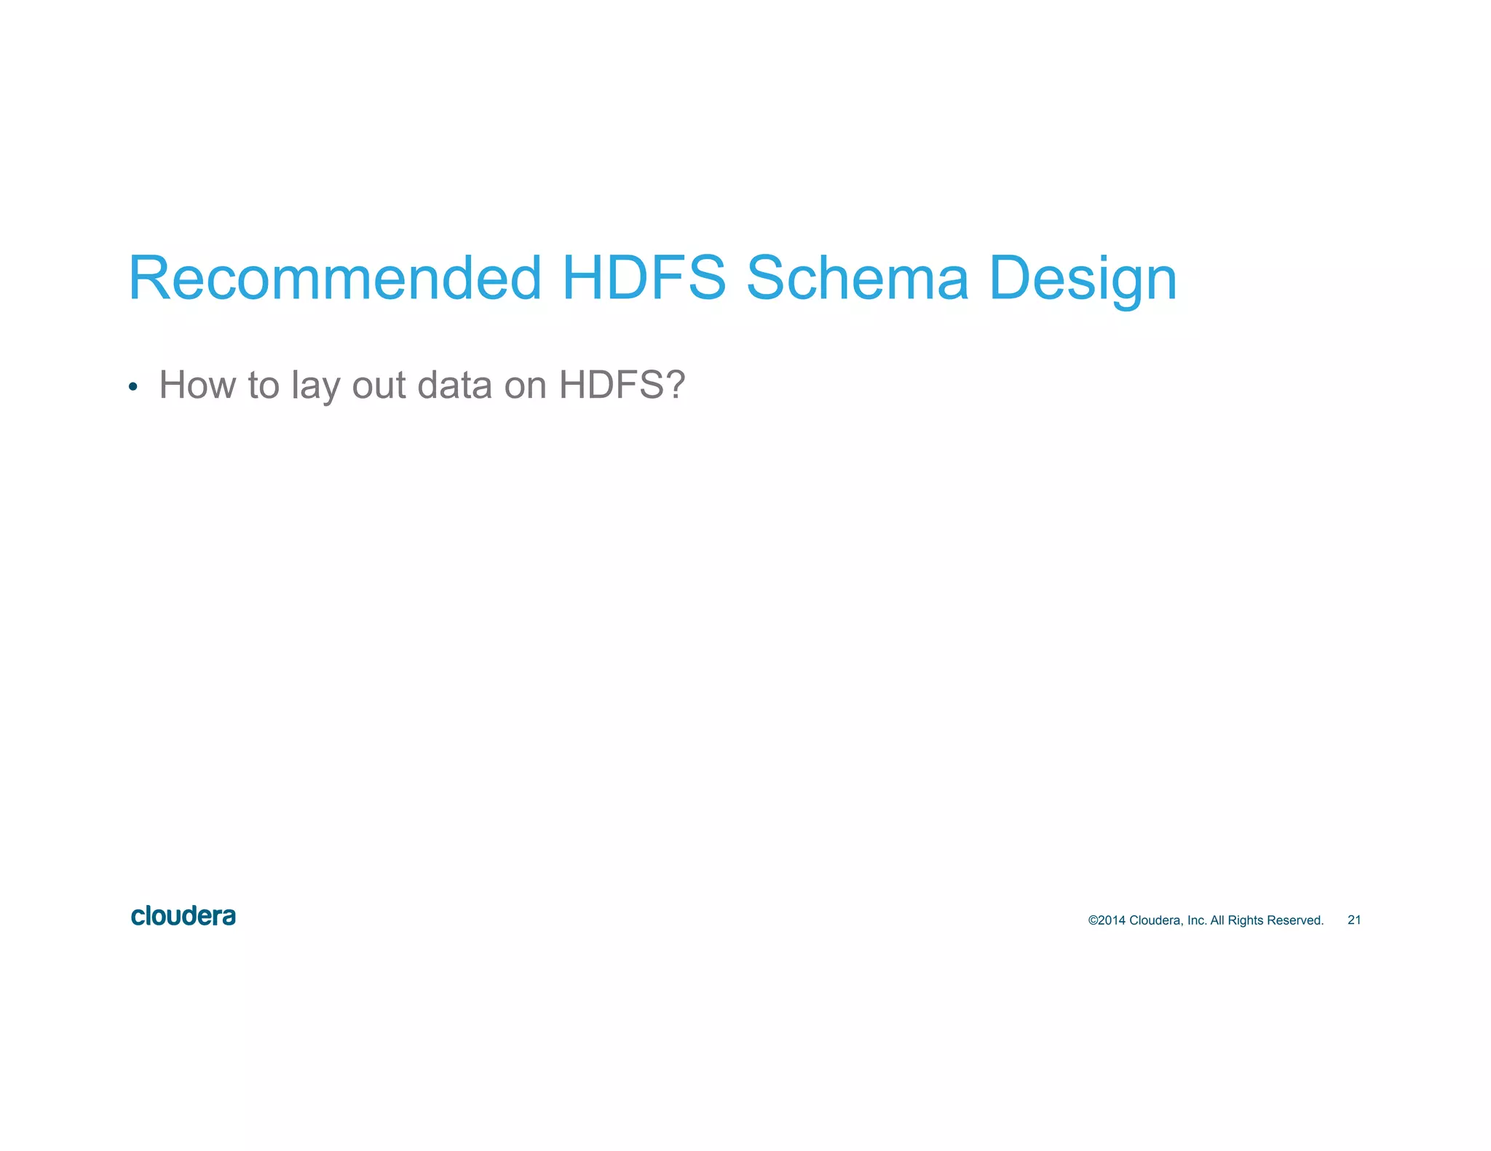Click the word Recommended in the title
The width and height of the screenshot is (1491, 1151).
(x=335, y=279)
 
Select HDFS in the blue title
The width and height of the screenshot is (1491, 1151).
(x=644, y=279)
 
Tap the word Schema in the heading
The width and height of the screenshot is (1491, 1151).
(x=858, y=279)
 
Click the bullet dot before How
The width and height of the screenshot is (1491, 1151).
(x=133, y=386)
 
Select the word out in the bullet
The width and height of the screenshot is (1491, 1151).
(x=379, y=386)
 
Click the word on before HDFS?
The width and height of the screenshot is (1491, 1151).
(x=525, y=386)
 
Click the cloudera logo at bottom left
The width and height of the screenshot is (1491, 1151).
(x=183, y=916)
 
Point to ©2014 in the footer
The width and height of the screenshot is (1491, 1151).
(x=1107, y=920)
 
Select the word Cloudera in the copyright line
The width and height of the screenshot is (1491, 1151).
(x=1156, y=920)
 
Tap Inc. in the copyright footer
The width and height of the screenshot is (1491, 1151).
(x=1197, y=920)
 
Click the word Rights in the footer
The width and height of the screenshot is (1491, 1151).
(x=1246, y=920)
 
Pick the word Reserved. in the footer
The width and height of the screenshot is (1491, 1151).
(x=1295, y=920)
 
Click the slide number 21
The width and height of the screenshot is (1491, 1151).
(x=1354, y=920)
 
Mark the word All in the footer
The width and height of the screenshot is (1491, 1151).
(x=1217, y=920)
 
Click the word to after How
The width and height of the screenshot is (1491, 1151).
(x=264, y=386)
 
